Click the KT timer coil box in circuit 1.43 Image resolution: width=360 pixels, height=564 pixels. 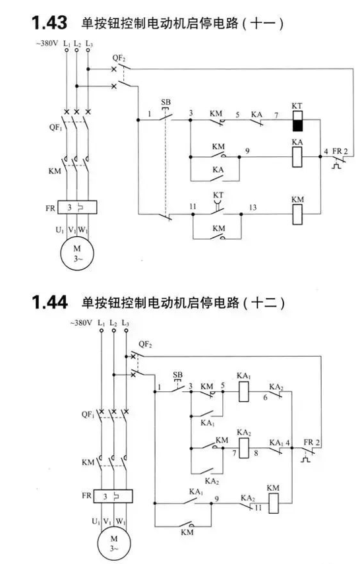297,121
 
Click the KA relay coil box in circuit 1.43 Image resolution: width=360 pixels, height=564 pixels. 297,157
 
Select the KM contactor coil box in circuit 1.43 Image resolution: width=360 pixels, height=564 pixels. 297,214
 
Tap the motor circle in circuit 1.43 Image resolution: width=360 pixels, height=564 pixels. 77,253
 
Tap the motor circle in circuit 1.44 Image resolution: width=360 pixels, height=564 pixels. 113,544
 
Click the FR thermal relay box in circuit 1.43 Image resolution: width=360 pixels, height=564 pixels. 76,208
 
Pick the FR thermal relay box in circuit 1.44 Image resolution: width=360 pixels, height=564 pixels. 113,496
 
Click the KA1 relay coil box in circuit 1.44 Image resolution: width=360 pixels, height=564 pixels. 244,392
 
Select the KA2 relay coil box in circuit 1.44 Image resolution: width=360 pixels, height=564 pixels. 244,448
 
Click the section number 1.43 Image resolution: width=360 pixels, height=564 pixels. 49,23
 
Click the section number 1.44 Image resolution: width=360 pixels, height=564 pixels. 49,301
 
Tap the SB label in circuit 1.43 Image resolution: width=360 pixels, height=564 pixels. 165,102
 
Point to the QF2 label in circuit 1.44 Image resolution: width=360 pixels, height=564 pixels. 145,344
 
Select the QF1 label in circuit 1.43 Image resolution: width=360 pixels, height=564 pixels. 56,127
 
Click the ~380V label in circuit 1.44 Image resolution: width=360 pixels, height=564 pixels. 81,323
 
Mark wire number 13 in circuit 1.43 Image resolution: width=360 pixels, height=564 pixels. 253,208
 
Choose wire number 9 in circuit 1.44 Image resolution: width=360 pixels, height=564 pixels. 216,499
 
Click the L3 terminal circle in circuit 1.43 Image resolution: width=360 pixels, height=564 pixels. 88,50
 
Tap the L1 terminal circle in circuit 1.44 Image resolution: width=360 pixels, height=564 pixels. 102,330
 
